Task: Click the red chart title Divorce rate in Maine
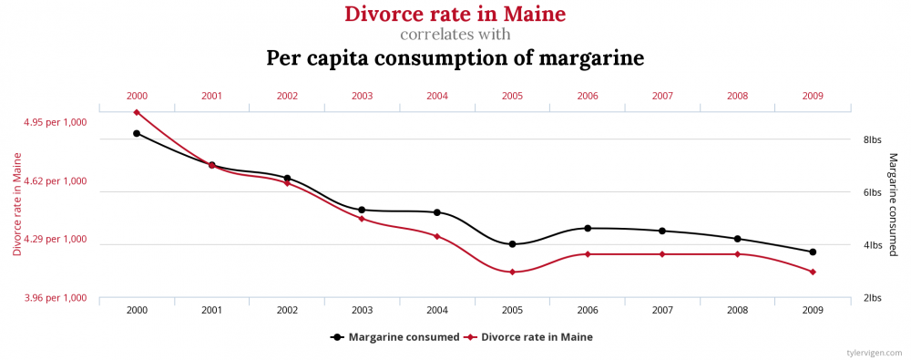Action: [x=455, y=15]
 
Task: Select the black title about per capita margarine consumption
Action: [x=455, y=58]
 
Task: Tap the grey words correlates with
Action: [x=455, y=36]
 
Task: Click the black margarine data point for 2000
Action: [x=137, y=133]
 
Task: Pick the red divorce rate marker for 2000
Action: [x=137, y=112]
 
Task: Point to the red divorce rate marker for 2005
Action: [x=513, y=272]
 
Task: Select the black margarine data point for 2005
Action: [x=513, y=244]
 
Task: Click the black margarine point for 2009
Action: [x=813, y=252]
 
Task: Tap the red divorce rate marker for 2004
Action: [x=437, y=236]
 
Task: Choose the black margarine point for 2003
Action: [x=362, y=210]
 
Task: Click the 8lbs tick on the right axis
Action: [x=873, y=139]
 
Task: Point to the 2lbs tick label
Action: [x=873, y=298]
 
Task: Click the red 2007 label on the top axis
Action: [x=662, y=96]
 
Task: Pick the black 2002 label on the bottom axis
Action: [x=287, y=311]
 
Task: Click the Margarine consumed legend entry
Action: [x=395, y=336]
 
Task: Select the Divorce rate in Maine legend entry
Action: [x=528, y=336]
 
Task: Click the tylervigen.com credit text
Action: [x=874, y=351]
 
